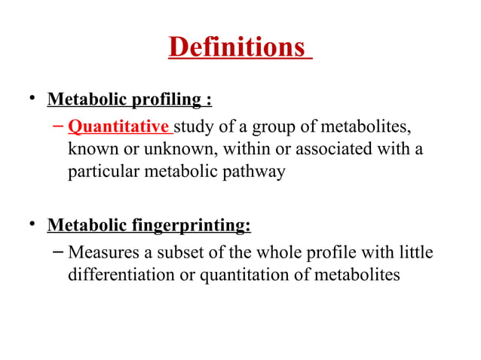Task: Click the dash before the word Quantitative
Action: coord(57,124)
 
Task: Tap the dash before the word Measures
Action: coord(57,249)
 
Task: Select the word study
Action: coord(193,124)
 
